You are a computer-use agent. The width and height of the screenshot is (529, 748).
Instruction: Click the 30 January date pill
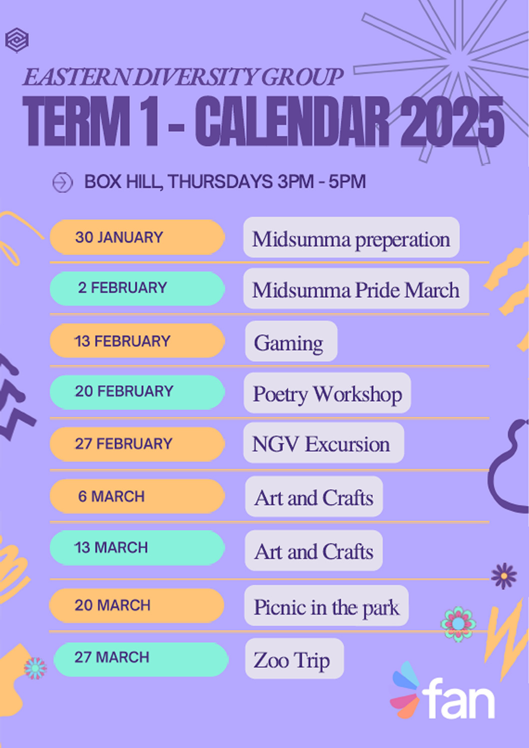(137, 237)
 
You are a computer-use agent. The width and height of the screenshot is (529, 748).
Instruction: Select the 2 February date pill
(137, 288)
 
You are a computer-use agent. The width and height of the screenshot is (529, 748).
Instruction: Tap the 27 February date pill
(137, 444)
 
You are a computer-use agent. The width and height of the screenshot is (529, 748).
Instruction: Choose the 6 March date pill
(137, 496)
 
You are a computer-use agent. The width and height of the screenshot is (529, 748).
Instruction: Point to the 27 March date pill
(141, 658)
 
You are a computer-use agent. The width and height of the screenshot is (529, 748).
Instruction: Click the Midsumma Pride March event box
(356, 288)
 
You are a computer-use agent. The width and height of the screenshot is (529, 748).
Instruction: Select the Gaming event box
(291, 341)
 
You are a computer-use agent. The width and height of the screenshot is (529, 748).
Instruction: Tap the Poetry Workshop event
(327, 393)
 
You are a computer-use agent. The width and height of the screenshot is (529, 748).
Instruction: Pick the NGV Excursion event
(324, 443)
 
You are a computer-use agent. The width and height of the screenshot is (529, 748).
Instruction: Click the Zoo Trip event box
(294, 659)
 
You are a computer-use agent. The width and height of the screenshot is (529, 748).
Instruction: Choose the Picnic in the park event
(326, 606)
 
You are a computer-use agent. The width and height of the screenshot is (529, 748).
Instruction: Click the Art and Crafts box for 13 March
(314, 551)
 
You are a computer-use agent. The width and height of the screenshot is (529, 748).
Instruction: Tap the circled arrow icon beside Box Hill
(62, 182)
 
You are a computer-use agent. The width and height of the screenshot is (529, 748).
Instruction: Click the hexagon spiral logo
(16, 40)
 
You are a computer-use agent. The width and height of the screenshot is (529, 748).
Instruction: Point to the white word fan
(459, 699)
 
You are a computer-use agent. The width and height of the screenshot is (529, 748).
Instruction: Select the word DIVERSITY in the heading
(196, 77)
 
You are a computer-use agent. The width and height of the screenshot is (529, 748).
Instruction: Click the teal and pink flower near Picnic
(458, 624)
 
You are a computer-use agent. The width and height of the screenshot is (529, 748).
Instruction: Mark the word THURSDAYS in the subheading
(221, 182)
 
